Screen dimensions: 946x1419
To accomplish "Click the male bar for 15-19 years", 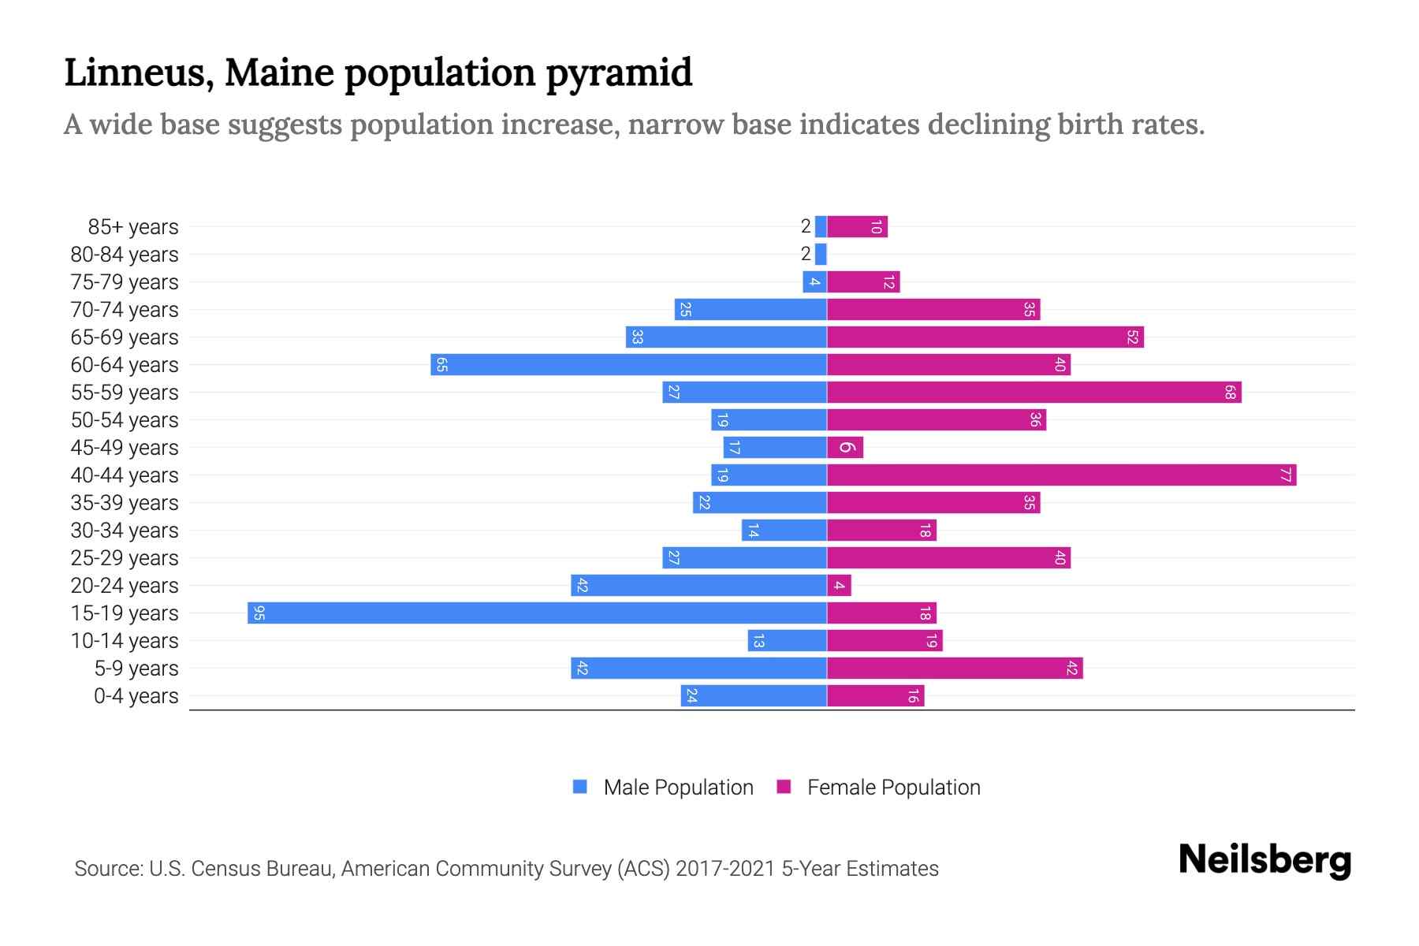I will click(x=536, y=613).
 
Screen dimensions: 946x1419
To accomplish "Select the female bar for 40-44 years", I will click(x=1061, y=475).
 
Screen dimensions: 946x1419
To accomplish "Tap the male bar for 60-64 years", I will click(x=628, y=364).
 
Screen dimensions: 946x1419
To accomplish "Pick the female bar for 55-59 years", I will click(x=1034, y=392).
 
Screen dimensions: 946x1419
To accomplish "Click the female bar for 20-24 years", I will click(x=839, y=585).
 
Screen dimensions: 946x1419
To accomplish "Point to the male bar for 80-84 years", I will click(x=821, y=254).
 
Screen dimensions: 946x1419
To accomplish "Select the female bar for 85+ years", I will click(x=857, y=226).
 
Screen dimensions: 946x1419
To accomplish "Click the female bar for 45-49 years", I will click(x=845, y=447).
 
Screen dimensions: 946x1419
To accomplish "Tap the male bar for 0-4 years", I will click(x=754, y=695).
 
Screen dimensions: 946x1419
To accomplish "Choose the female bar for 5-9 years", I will click(x=955, y=668).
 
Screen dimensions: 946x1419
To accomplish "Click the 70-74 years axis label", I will click(x=125, y=310).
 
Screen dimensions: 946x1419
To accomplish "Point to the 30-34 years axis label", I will click(x=125, y=531).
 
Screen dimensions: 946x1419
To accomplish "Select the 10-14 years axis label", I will click(x=125, y=641).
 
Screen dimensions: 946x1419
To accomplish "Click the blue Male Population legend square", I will click(x=580, y=787).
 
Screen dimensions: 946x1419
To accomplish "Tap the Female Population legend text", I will click(x=893, y=787).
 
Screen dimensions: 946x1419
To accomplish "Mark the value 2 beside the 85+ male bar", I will click(x=805, y=226).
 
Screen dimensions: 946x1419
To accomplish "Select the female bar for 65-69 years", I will click(x=985, y=337).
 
